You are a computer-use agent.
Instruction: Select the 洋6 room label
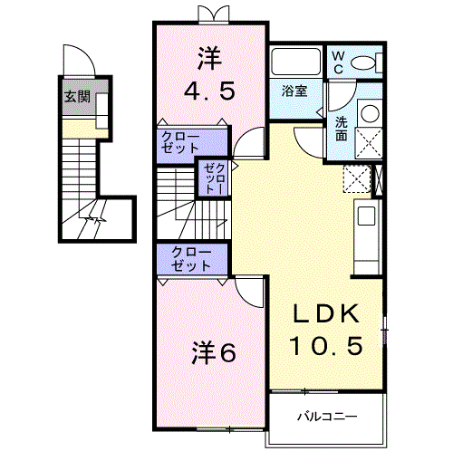[214, 352]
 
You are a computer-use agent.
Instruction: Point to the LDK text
[327, 314]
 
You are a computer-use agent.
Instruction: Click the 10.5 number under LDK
[327, 345]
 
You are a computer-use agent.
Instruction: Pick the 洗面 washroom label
[341, 128]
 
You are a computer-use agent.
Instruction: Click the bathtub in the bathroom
[295, 63]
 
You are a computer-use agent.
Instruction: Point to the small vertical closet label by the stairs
[211, 179]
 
